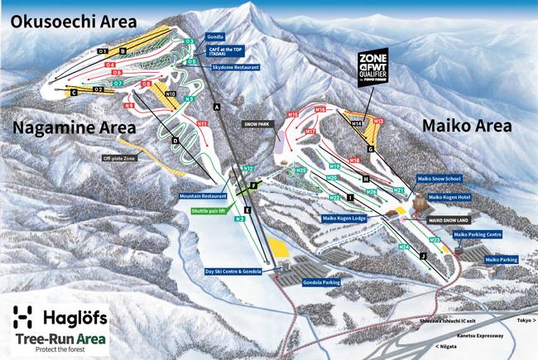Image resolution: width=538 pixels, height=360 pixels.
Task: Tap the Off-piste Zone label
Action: [x=122, y=157]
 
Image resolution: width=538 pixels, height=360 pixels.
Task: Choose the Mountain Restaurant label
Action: [x=202, y=197]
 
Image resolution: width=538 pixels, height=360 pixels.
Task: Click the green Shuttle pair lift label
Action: [x=213, y=211]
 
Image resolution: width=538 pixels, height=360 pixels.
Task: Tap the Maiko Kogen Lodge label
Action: [x=344, y=218]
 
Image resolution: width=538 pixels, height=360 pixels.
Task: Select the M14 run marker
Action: [x=357, y=123]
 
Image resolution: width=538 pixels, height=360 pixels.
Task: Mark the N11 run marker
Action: [x=202, y=123]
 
